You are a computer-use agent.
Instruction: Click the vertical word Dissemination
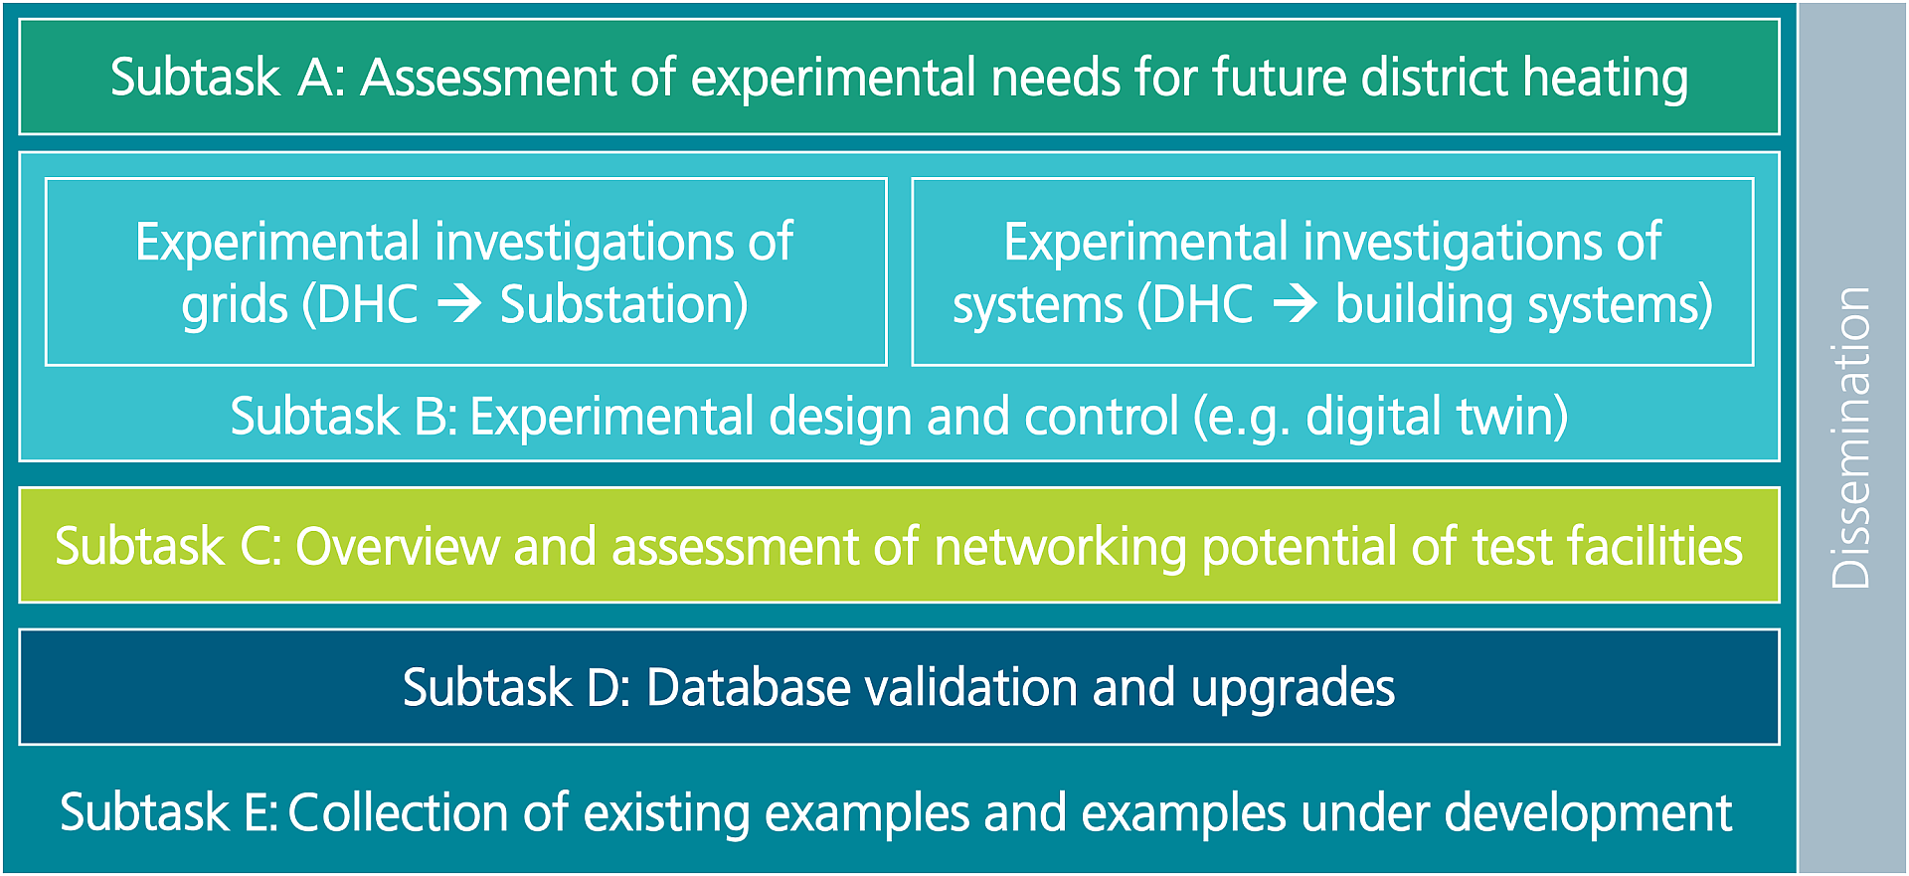1851,438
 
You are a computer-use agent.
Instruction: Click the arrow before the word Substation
460,303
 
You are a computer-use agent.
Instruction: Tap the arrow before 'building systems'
1296,303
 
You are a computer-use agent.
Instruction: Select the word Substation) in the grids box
624,304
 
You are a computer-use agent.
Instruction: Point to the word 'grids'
235,307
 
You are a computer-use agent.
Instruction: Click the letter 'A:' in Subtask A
321,78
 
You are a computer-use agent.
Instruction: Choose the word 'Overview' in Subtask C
397,547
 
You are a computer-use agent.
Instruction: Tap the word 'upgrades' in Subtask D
1294,690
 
